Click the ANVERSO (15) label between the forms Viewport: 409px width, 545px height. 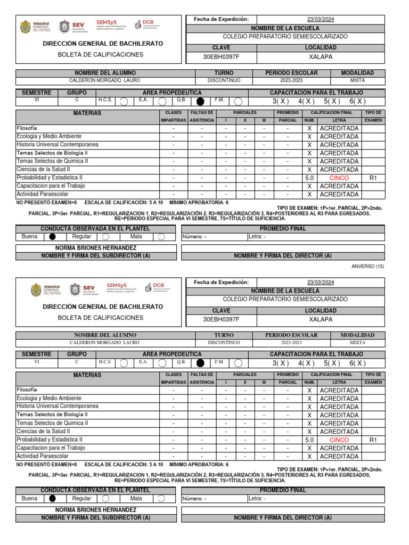368,266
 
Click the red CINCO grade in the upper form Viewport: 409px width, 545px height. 339,178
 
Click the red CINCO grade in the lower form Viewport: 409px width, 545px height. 339,440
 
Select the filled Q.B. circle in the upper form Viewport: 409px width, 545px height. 200,101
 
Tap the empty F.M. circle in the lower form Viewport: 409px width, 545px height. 238,364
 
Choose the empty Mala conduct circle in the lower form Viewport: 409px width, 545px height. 161,499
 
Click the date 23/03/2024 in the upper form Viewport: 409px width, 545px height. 321,19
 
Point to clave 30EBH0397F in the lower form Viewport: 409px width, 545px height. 222,319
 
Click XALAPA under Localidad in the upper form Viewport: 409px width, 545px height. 321,56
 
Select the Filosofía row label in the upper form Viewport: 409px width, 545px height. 27,128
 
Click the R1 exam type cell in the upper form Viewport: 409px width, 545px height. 373,178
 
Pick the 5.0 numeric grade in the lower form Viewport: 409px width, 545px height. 309,440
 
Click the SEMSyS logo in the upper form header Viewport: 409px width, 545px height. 111,24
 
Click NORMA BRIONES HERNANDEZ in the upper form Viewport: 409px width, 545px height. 96,248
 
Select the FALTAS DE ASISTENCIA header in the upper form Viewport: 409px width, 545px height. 202,117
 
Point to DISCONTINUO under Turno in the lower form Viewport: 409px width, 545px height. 224,343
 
